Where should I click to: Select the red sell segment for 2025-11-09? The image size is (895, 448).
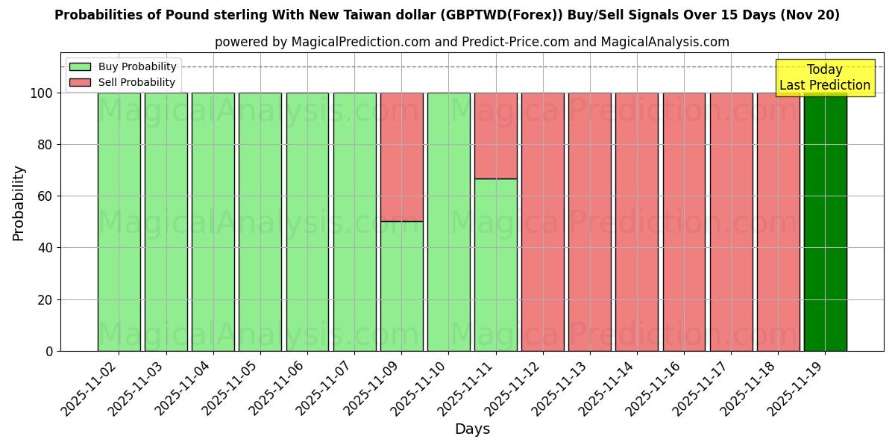pyautogui.click(x=401, y=157)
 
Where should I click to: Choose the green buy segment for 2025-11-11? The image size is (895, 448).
pyautogui.click(x=495, y=265)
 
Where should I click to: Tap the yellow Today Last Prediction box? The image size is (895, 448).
pyautogui.click(x=825, y=78)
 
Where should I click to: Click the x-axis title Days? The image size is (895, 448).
pyautogui.click(x=472, y=429)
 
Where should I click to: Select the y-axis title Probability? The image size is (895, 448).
pyautogui.click(x=19, y=202)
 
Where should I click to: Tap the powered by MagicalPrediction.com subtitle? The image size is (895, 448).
pyautogui.click(x=471, y=42)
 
